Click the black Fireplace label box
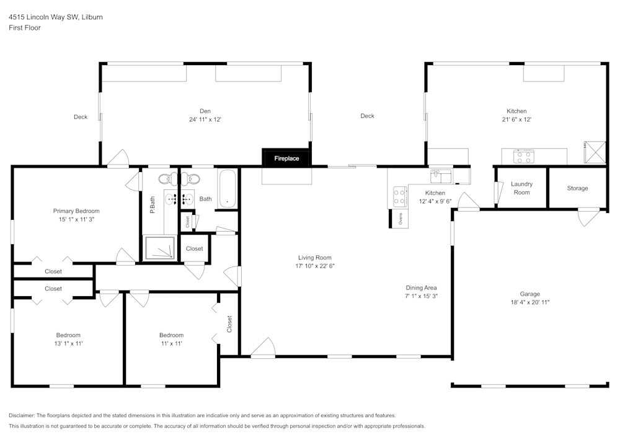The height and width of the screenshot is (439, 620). pos(286,158)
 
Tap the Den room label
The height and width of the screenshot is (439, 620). pos(205,111)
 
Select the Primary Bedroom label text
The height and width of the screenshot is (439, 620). pos(76,211)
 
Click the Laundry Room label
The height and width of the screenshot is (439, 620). pos(521,188)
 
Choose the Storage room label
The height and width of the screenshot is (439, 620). pos(577,188)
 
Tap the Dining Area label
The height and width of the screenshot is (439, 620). pos(421,287)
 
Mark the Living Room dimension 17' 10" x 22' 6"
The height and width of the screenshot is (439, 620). pos(315,266)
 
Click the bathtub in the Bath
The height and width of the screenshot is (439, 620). pos(227,188)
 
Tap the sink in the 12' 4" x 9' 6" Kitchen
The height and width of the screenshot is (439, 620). pos(441,177)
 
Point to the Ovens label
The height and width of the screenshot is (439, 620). pos(401,218)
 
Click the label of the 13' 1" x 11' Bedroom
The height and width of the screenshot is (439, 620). pos(68,335)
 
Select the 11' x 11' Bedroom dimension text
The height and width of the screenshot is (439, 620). pos(171,343)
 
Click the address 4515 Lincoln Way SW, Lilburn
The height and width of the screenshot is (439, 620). pos(56,17)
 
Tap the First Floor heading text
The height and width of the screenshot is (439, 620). pos(25,28)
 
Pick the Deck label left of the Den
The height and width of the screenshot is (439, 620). pos(81,117)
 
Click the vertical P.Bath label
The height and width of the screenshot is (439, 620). pos(153,205)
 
